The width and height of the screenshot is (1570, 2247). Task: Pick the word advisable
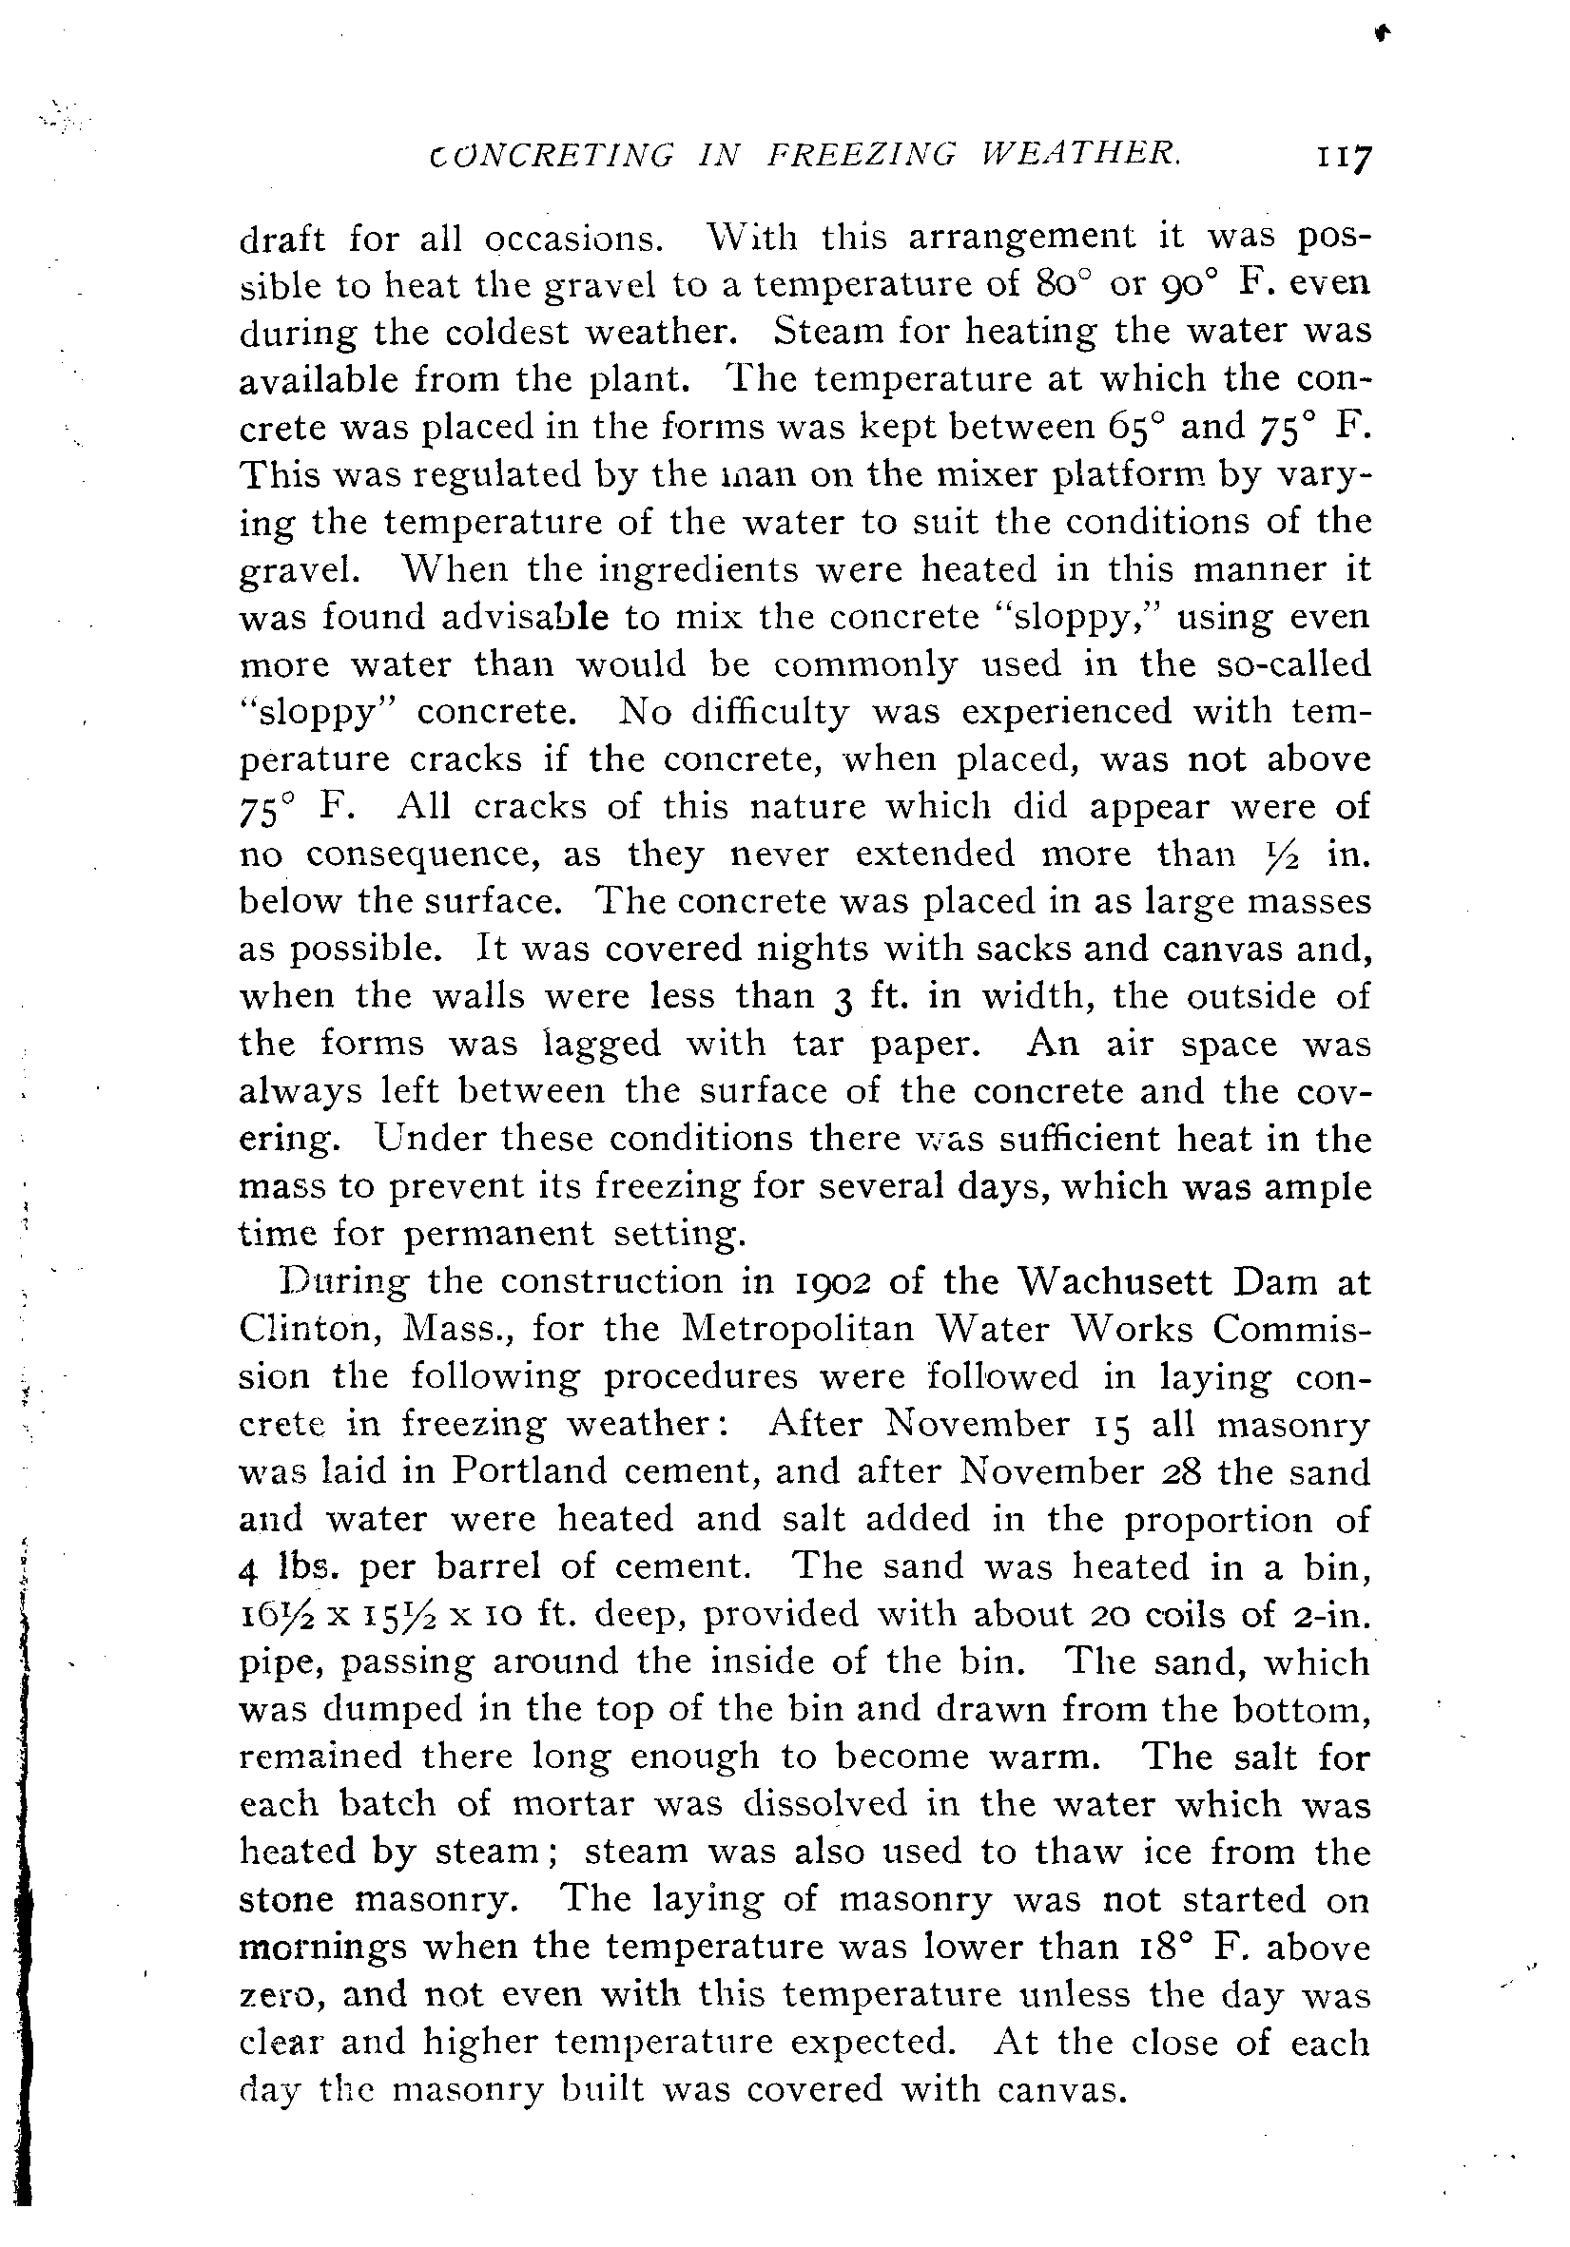coord(525,617)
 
